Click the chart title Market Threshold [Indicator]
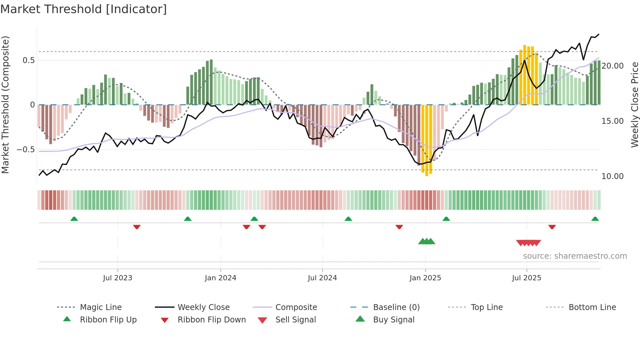(x=84, y=9)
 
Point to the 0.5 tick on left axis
(x=29, y=60)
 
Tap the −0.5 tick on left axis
(x=26, y=150)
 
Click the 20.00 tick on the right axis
(x=613, y=66)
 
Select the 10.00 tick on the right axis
(x=613, y=176)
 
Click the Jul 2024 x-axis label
(x=322, y=278)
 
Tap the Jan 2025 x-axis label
(x=425, y=278)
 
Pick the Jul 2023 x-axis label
(x=118, y=278)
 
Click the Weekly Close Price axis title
(x=634, y=105)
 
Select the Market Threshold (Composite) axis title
(x=5, y=105)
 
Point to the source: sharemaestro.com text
(x=575, y=256)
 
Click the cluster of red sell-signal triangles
(x=528, y=243)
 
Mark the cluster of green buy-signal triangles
(x=426, y=241)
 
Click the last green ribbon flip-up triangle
(x=595, y=219)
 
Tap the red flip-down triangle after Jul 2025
(x=552, y=227)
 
